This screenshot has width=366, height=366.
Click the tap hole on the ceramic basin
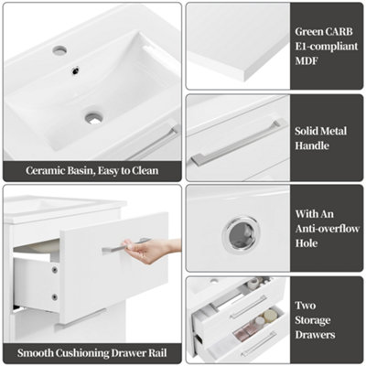[x=59, y=50]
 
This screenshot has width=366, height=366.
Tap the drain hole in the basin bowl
[x=93, y=117]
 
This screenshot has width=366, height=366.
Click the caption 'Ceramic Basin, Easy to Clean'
[x=91, y=169]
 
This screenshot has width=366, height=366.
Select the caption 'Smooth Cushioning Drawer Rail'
[x=91, y=352]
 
